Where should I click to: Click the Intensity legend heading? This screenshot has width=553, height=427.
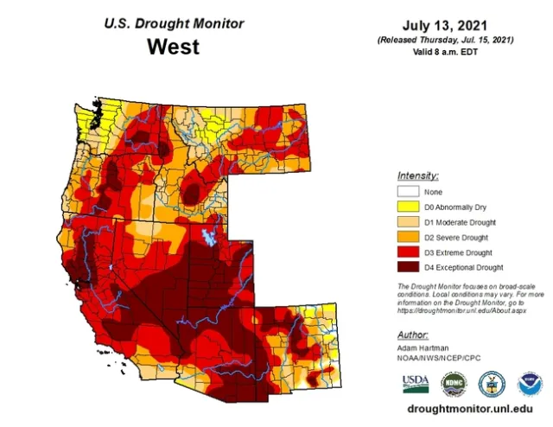click(x=417, y=175)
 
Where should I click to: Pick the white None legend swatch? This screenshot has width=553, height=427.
click(x=408, y=192)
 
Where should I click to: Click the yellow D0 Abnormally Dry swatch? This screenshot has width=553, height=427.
click(x=408, y=207)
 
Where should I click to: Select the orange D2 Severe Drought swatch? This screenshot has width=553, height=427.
click(x=408, y=238)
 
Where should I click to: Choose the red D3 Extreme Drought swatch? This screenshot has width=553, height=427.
click(x=408, y=252)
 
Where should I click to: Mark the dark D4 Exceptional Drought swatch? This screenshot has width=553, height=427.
click(x=408, y=268)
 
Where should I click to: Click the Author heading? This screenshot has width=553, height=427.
click(x=412, y=334)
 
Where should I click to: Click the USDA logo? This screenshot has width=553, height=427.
click(x=415, y=383)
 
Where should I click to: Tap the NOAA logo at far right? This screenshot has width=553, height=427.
click(x=529, y=384)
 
